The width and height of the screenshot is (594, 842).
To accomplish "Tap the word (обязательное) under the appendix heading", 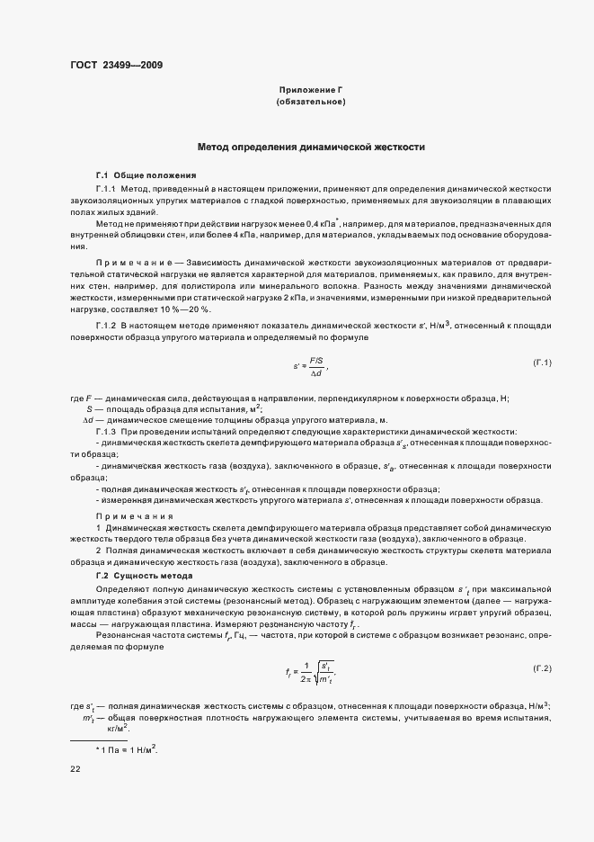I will [311, 103].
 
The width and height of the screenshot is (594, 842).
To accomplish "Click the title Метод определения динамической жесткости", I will [311, 147].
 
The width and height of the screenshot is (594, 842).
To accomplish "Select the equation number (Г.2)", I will [542, 668].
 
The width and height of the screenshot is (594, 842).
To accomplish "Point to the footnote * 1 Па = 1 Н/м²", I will [127, 749].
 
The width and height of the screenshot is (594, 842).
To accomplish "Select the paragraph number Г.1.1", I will [105, 189].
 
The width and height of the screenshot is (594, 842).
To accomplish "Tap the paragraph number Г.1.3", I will [105, 432].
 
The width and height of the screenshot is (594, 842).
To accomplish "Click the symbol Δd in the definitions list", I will [88, 420].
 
